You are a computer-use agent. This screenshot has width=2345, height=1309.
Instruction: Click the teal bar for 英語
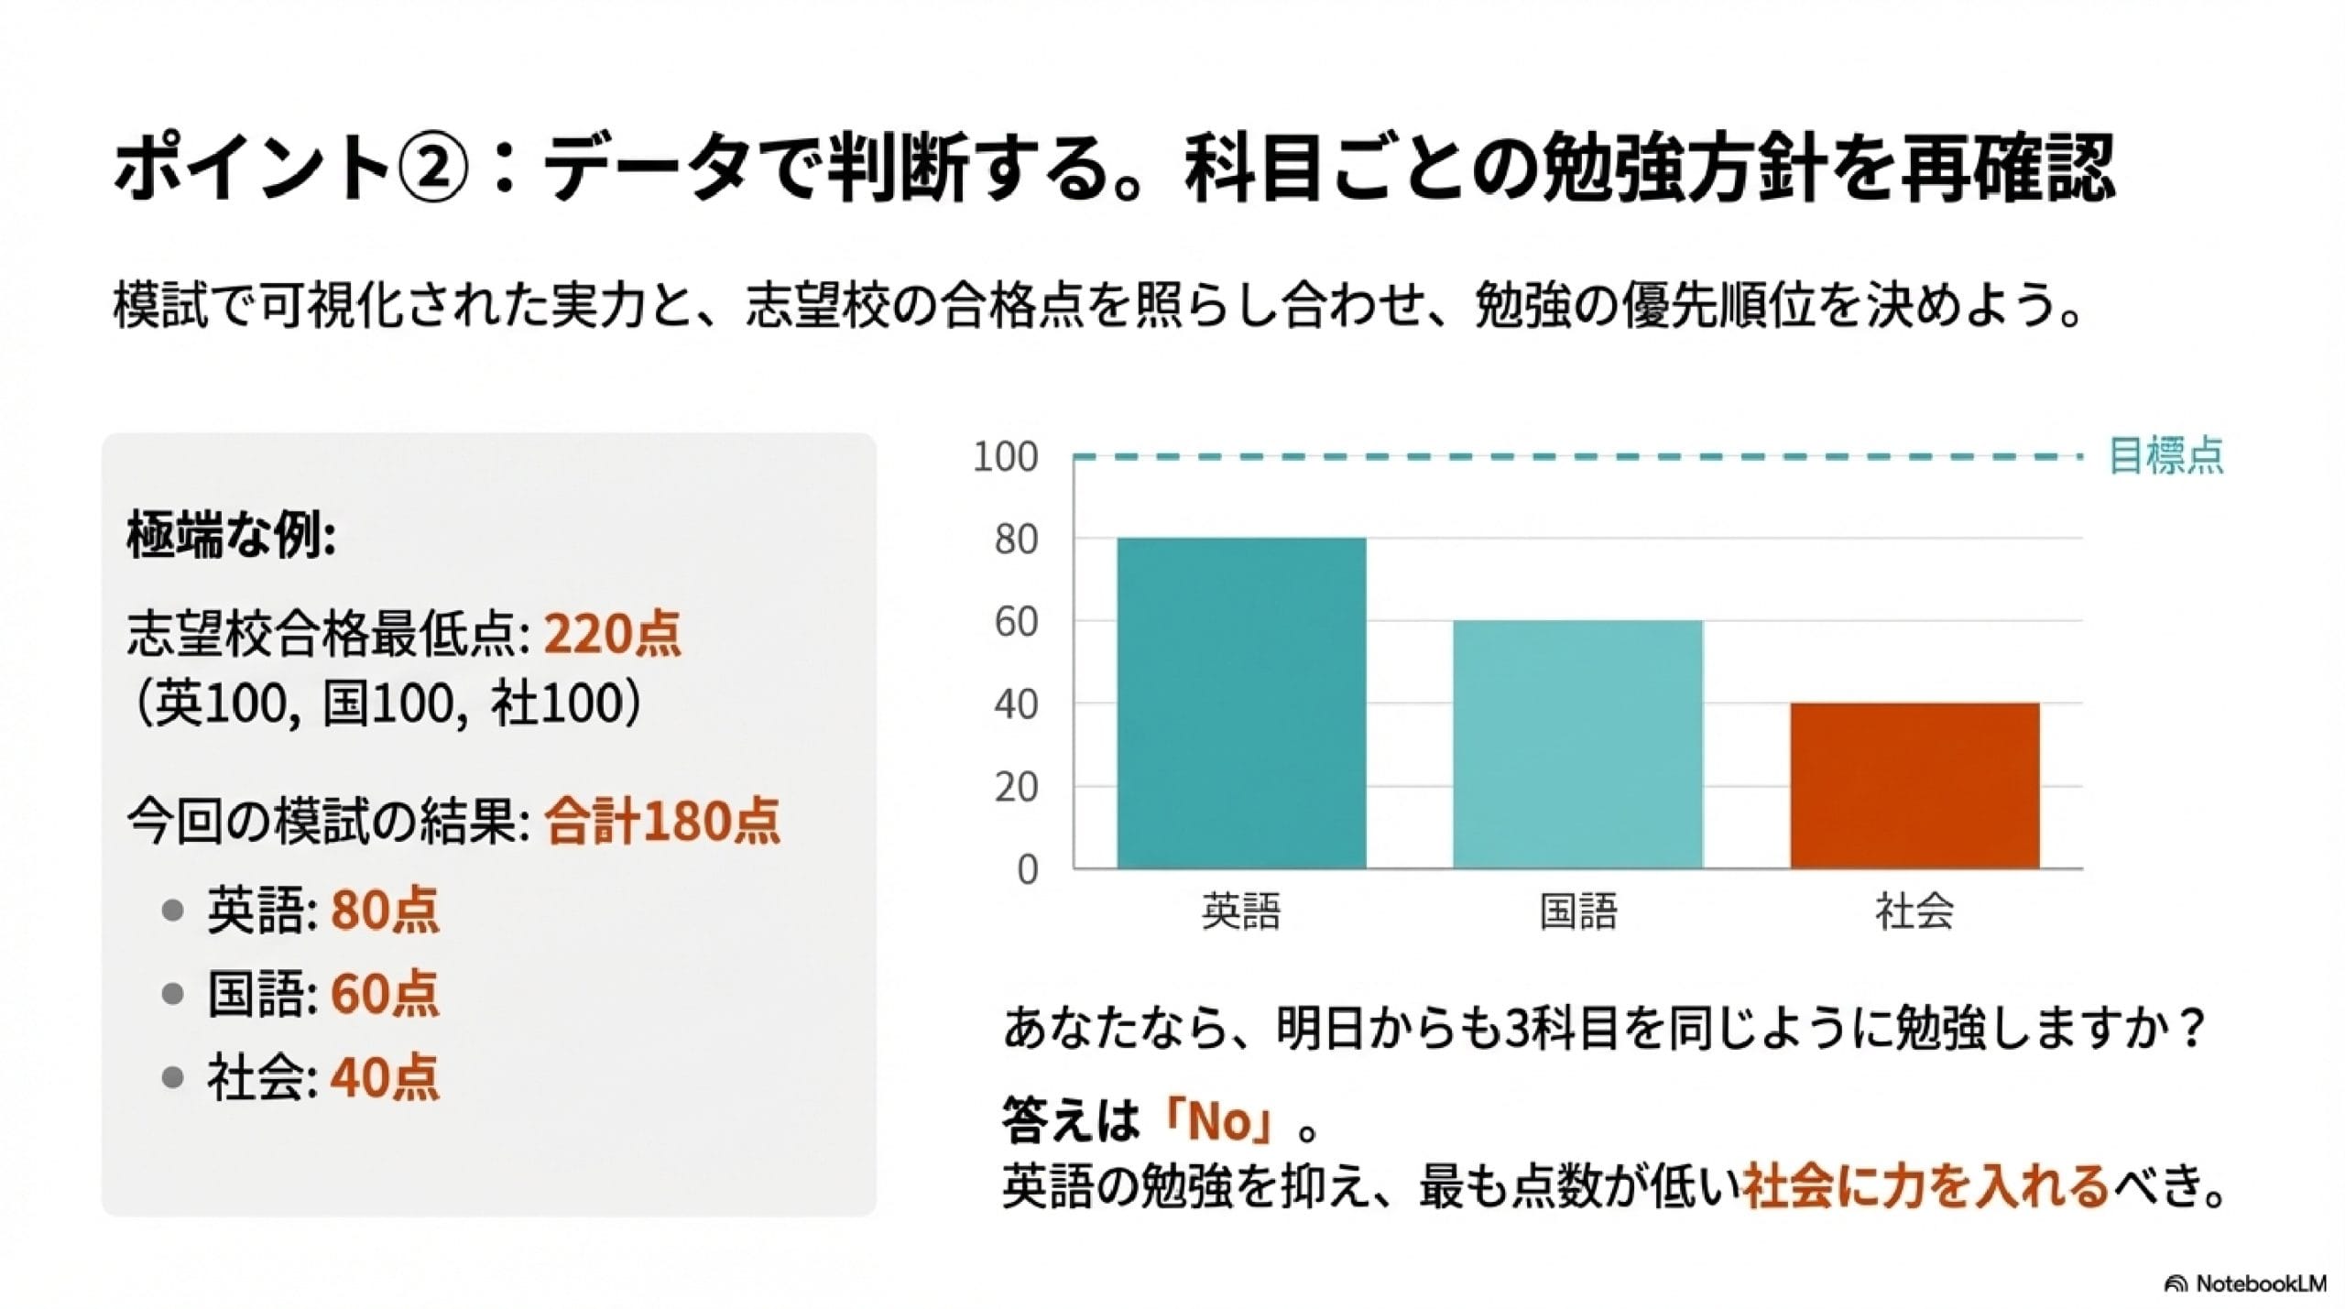tap(1241, 703)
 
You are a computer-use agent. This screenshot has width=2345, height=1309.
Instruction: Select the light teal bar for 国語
tap(1577, 744)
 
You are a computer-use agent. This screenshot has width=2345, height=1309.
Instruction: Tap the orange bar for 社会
tap(1914, 785)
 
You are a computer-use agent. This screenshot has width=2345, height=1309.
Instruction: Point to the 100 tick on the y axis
tap(1005, 456)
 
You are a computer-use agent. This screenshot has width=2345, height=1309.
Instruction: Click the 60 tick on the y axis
tap(1016, 622)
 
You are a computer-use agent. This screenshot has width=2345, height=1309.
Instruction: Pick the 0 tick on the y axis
tap(1028, 869)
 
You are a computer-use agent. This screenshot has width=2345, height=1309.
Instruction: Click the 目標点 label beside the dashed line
tap(2165, 455)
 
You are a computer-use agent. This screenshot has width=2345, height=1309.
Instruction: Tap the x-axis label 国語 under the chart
tap(1577, 911)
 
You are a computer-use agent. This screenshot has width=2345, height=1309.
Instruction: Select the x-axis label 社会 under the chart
tap(1914, 911)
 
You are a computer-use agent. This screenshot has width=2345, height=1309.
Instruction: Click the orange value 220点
tap(613, 634)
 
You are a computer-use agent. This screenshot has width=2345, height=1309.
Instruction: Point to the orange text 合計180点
tap(662, 821)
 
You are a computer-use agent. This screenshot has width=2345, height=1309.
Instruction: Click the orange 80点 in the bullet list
tap(385, 911)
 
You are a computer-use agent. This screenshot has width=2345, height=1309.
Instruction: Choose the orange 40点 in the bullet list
tap(385, 1077)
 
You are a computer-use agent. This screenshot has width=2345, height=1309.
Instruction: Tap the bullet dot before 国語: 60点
tap(172, 994)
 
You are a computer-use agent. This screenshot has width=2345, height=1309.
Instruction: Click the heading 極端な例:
tap(231, 535)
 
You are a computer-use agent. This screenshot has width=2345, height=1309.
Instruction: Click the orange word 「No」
tap(1218, 1122)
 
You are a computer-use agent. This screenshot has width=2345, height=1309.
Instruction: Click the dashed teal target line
tap(1576, 455)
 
